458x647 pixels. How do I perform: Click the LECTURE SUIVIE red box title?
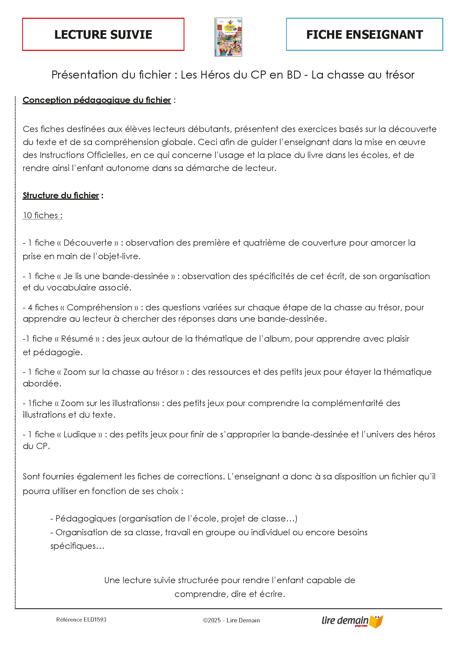pos(103,34)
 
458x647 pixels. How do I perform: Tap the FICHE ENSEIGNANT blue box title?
pos(364,34)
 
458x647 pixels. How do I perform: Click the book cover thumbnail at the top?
pos(228,37)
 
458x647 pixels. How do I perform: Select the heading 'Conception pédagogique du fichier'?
pos(97,100)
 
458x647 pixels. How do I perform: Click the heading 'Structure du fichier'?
pos(61,195)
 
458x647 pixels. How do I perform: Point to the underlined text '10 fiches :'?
pos(43,215)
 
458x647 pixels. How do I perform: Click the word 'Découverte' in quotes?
pos(88,243)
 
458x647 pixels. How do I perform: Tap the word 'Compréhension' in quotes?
pos(99,307)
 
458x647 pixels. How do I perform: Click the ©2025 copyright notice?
pos(231,620)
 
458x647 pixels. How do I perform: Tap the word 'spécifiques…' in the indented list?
pos(77,546)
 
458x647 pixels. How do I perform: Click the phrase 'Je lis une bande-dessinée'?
pos(116,276)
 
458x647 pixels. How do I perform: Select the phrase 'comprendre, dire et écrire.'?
pos(230,594)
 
